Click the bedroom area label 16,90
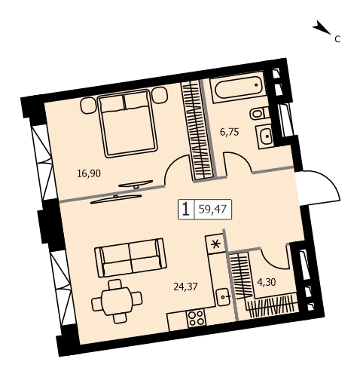click(x=89, y=173)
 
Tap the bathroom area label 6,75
click(x=230, y=132)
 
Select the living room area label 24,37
click(x=185, y=287)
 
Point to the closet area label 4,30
click(x=267, y=282)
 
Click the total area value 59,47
click(x=212, y=209)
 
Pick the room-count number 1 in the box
click(x=186, y=209)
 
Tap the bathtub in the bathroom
click(x=237, y=87)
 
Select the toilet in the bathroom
click(x=259, y=113)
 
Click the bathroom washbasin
click(x=264, y=136)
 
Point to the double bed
click(x=128, y=124)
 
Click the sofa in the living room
click(x=130, y=257)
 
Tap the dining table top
click(x=117, y=301)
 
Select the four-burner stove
click(x=197, y=318)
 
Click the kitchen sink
click(x=224, y=297)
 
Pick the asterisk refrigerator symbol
click(x=215, y=244)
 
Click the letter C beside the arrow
click(x=337, y=39)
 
